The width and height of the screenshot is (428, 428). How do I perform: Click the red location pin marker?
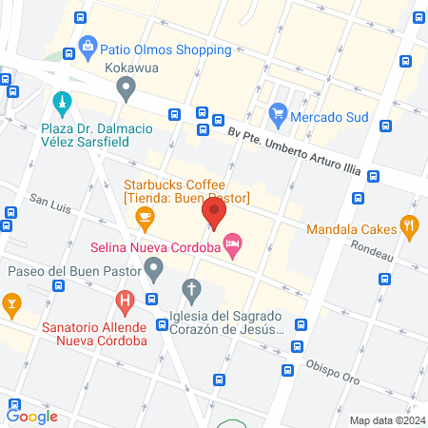click(215, 212)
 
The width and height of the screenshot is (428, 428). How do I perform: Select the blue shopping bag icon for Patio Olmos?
click(88, 44)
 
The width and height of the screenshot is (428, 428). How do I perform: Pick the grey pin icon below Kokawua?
click(126, 89)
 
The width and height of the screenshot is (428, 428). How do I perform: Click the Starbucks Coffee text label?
click(185, 190)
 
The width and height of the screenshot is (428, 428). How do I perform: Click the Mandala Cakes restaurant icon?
click(410, 226)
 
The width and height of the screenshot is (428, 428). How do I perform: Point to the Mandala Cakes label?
click(352, 228)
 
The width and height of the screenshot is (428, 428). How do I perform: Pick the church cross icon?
click(191, 288)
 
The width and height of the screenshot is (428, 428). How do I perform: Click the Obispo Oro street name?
click(332, 374)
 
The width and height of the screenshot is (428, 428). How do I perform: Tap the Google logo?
click(32, 416)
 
